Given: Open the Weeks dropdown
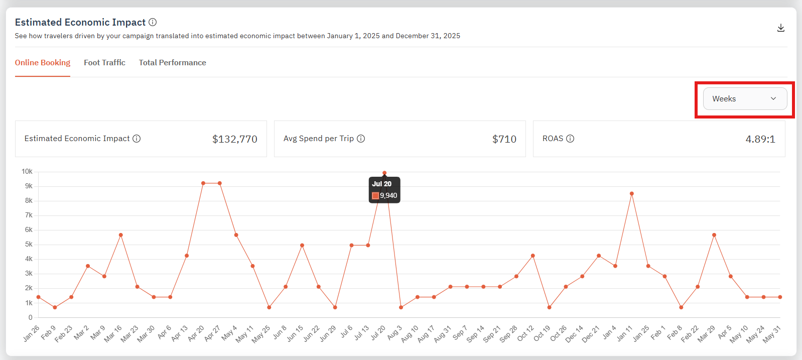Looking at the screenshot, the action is point(745,99).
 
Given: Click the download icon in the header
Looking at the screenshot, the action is point(781,28).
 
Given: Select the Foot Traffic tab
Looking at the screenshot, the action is point(104,63).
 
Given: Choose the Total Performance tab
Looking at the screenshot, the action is point(172,63).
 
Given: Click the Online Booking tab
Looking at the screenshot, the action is point(43,63).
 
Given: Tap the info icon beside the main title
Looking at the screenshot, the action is point(153,22).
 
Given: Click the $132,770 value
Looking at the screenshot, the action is point(234,139).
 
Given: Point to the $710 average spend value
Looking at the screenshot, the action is point(504,139).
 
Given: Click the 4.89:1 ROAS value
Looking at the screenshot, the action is point(760,139).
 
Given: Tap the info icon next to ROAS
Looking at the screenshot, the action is point(570,139).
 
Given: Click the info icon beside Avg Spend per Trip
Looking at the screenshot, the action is point(361,139).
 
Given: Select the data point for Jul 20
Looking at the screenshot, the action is point(384,173).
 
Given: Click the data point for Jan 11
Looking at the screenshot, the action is point(632,194).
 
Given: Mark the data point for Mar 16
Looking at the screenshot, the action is point(121,235).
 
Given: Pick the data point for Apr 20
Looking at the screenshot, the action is point(203,183).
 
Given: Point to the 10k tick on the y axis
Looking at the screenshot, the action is point(27,172).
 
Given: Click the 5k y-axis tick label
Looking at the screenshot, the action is point(29,245).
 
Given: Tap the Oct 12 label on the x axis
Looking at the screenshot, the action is point(526,333).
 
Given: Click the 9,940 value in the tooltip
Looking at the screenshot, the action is point(388,196).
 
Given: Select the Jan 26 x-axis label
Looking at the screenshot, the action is point(31,334).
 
